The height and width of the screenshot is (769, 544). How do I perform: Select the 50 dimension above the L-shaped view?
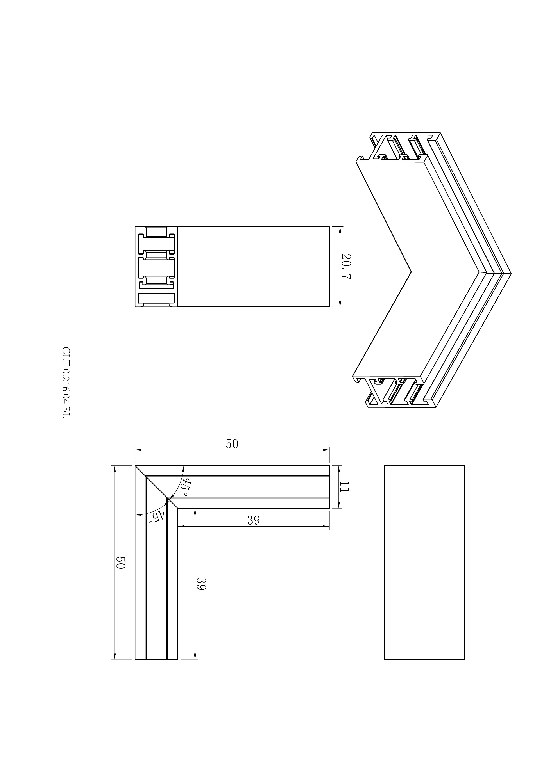(x=232, y=444)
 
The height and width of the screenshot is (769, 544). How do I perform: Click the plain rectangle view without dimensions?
(x=424, y=563)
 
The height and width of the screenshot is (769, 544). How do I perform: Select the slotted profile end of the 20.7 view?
(x=156, y=267)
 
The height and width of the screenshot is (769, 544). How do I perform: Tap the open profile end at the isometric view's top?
(x=398, y=147)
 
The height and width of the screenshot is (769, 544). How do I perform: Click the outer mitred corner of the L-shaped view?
(x=135, y=466)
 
